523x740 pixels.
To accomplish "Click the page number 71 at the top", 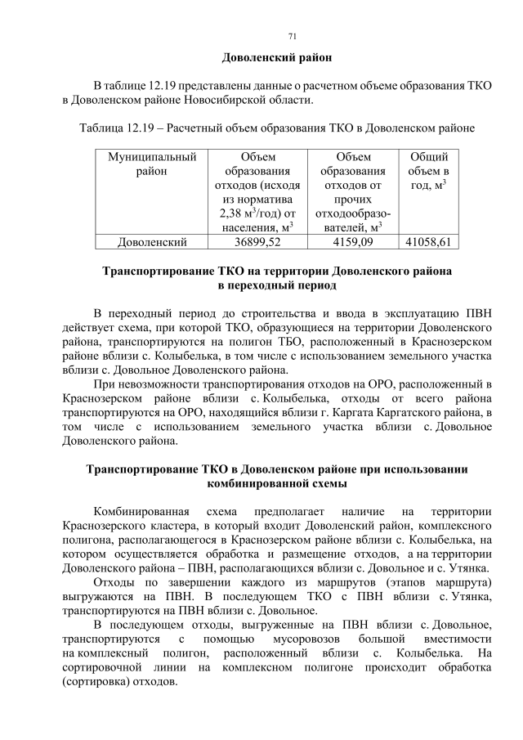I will click(293, 36).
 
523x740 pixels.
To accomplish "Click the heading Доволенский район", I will click(277, 58).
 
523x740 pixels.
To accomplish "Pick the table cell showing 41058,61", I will click(428, 242).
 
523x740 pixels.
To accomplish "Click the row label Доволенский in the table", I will click(153, 242).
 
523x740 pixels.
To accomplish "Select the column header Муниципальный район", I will click(153, 164).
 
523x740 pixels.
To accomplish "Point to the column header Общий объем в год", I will click(428, 171).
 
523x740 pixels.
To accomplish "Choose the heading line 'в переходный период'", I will click(276, 285).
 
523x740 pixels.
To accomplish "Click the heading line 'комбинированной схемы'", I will click(277, 482).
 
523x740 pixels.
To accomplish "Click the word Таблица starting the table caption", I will click(101, 128).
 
